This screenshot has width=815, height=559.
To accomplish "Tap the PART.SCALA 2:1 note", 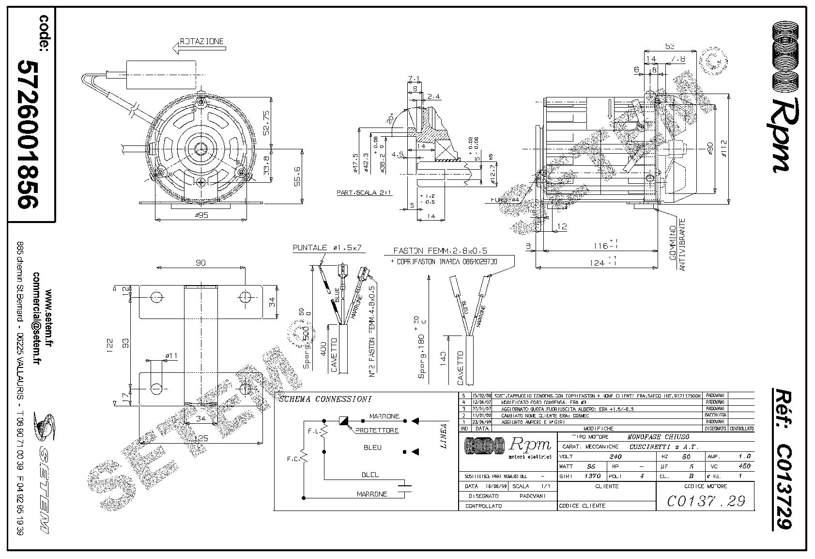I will [364, 192].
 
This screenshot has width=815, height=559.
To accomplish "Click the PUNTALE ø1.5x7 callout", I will [327, 248].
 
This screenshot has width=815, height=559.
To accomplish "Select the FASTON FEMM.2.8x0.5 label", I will [440, 251].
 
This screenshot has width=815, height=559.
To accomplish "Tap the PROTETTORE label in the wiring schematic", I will [377, 430].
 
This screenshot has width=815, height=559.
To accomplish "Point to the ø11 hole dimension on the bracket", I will [171, 356].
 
